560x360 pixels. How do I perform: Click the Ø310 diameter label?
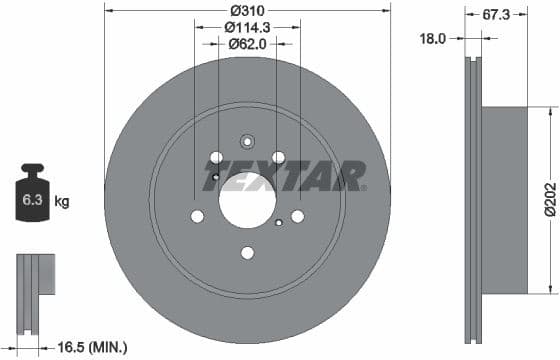coord(247,9)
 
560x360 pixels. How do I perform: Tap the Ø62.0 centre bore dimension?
coord(247,43)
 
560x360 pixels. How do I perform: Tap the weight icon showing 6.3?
coord(32,196)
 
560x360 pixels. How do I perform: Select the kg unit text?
coord(61,201)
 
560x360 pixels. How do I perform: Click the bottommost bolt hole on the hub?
coord(247,252)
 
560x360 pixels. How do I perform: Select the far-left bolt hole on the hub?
coord(197,216)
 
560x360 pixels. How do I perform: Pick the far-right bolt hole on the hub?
coord(297,216)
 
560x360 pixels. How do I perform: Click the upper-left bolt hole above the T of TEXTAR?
coord(215,157)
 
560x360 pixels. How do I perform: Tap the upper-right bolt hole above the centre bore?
coord(278,157)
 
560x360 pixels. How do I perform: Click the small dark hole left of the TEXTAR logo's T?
coord(216,178)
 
